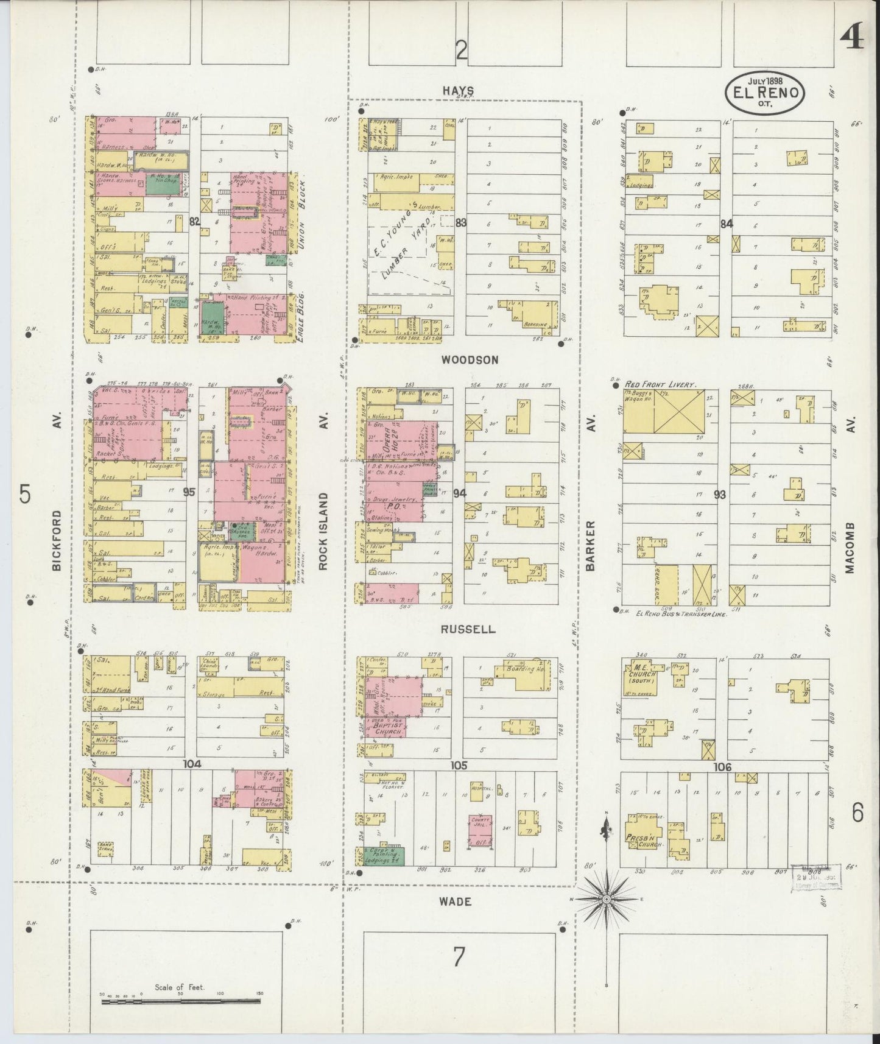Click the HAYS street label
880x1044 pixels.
click(458, 90)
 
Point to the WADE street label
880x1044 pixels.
click(455, 901)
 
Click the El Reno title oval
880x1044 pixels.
click(765, 92)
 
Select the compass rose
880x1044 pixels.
click(607, 900)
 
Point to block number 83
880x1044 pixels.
click(460, 223)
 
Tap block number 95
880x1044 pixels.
click(189, 492)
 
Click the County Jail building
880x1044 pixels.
click(481, 831)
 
